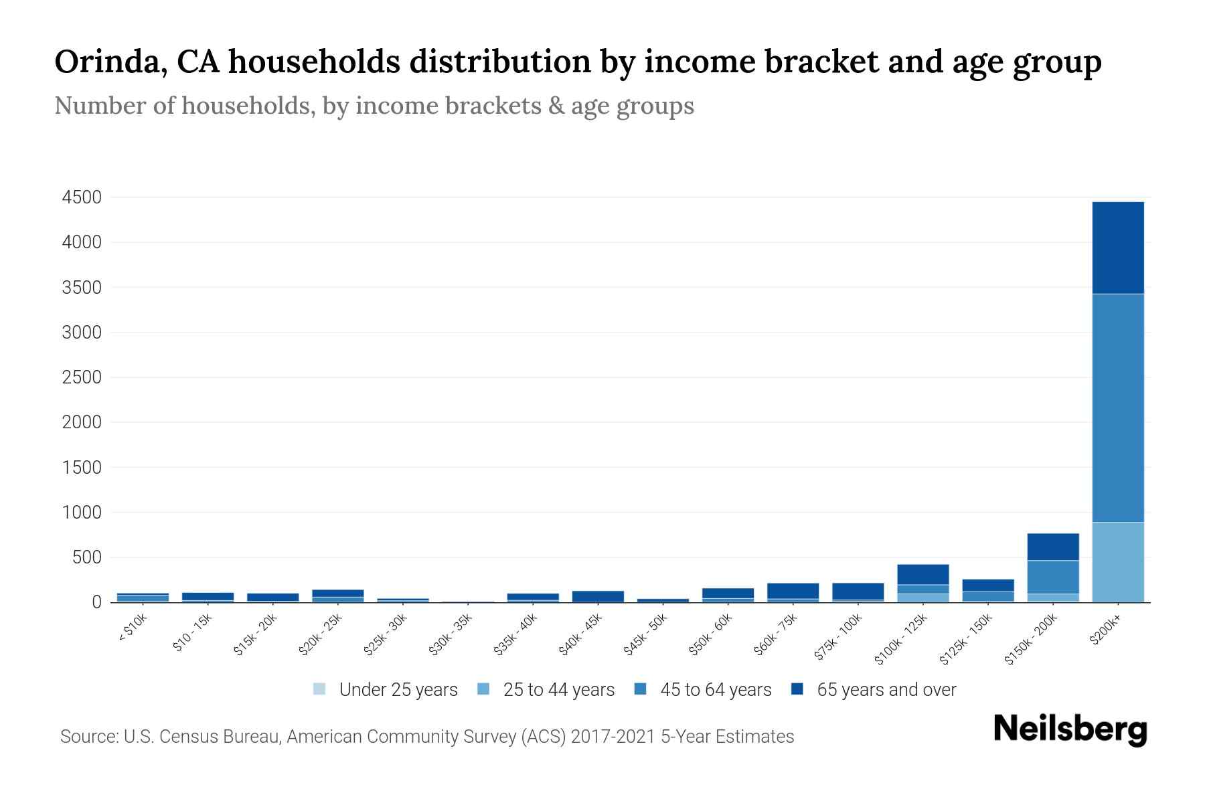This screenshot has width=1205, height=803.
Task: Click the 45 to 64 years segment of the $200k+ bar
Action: (x=1118, y=408)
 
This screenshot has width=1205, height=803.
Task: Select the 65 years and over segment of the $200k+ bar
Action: (x=1118, y=248)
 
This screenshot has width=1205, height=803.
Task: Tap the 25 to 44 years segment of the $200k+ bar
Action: (x=1118, y=562)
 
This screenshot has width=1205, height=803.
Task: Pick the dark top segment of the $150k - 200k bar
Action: (x=1053, y=547)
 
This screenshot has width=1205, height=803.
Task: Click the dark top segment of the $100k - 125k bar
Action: (x=923, y=574)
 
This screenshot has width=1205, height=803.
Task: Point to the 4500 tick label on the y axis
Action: (x=82, y=197)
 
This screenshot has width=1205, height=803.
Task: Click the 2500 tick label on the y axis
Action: (x=82, y=377)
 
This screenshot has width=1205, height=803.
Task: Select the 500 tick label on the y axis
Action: (x=87, y=557)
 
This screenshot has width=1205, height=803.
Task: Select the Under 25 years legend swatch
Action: (x=320, y=689)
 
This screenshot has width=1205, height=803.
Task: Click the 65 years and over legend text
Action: (x=886, y=689)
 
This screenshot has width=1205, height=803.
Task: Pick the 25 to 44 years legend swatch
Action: (x=484, y=689)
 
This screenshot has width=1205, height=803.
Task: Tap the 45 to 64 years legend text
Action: (x=716, y=689)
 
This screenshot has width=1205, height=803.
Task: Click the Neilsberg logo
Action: (x=1070, y=729)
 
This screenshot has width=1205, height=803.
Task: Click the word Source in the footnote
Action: (x=88, y=737)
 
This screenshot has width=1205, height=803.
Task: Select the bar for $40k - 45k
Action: (x=598, y=596)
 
